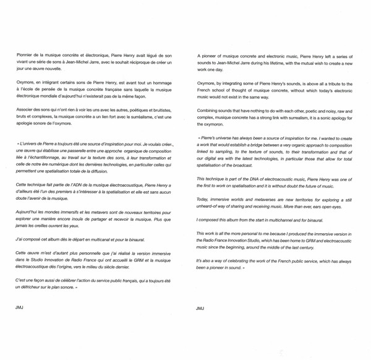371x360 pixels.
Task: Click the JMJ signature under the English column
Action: (199, 307)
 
